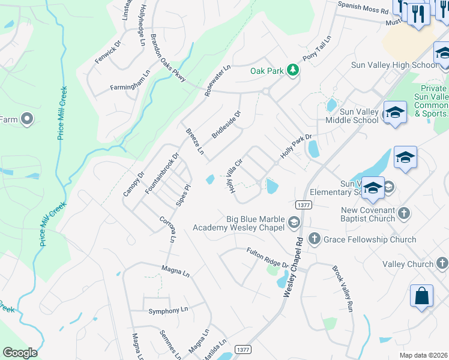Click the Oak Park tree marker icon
[293, 70]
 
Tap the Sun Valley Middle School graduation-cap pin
[394, 112]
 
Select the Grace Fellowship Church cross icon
[313, 239]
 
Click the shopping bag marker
[421, 296]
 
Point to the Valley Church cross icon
[442, 263]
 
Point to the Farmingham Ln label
[130, 83]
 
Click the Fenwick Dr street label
[108, 51]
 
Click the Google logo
[20, 353]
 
